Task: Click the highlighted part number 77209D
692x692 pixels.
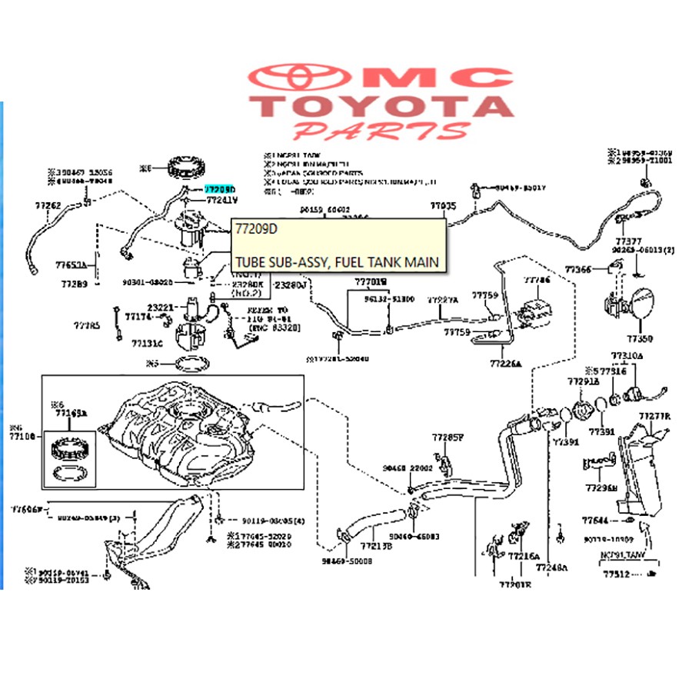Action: click(220, 188)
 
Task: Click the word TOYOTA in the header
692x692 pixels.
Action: click(385, 106)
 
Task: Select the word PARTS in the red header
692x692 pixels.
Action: click(381, 131)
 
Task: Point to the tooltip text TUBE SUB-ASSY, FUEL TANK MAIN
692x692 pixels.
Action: click(338, 263)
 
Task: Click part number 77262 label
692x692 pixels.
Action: click(48, 205)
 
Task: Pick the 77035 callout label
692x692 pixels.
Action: click(443, 206)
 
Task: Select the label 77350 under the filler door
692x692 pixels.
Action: click(639, 338)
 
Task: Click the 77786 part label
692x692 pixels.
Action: click(537, 281)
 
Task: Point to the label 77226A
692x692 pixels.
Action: click(505, 364)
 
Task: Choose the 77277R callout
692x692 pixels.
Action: click(655, 417)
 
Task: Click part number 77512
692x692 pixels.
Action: click(617, 574)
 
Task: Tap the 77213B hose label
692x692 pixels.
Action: click(378, 547)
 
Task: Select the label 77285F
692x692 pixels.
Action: click(448, 437)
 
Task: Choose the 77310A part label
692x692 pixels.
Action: click(627, 356)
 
